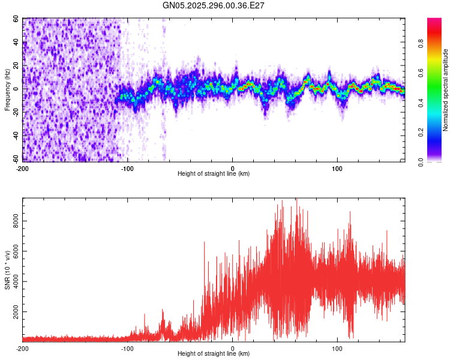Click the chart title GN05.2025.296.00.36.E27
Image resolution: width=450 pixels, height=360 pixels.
(x=214, y=5)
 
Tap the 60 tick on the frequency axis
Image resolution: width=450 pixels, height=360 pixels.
(x=16, y=19)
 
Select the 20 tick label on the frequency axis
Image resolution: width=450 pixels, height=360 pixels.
(x=16, y=65)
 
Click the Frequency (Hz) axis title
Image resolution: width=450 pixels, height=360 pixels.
(x=7, y=89)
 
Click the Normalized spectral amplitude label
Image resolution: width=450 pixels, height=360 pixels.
(x=446, y=90)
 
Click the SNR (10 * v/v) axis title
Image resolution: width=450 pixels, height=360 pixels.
(x=8, y=270)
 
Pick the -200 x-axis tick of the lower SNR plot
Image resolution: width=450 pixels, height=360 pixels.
(x=23, y=348)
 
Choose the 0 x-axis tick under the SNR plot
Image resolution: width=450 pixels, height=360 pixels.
(x=232, y=348)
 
